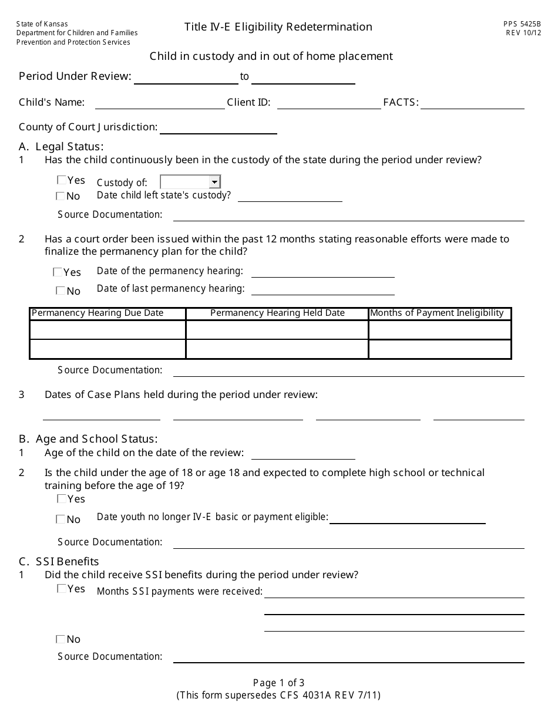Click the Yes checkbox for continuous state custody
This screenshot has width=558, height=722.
62,180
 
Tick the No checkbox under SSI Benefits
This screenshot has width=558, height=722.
60,639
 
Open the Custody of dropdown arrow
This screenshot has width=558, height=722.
214,182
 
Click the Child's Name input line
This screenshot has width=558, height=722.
160,103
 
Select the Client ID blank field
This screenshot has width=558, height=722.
329,103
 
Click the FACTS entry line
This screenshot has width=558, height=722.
472,103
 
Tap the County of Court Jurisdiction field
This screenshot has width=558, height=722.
218,128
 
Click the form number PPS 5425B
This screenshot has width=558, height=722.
522,24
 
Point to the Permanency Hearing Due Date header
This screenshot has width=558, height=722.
98,313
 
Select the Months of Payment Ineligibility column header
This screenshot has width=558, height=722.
437,313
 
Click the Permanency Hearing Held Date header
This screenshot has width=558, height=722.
277,313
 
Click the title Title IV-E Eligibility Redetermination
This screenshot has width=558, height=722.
278,27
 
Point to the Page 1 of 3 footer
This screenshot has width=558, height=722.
278,683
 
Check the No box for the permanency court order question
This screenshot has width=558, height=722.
60,291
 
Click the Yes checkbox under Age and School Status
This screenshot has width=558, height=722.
62,499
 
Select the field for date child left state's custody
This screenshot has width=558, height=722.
290,196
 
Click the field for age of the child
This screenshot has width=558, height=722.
303,453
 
